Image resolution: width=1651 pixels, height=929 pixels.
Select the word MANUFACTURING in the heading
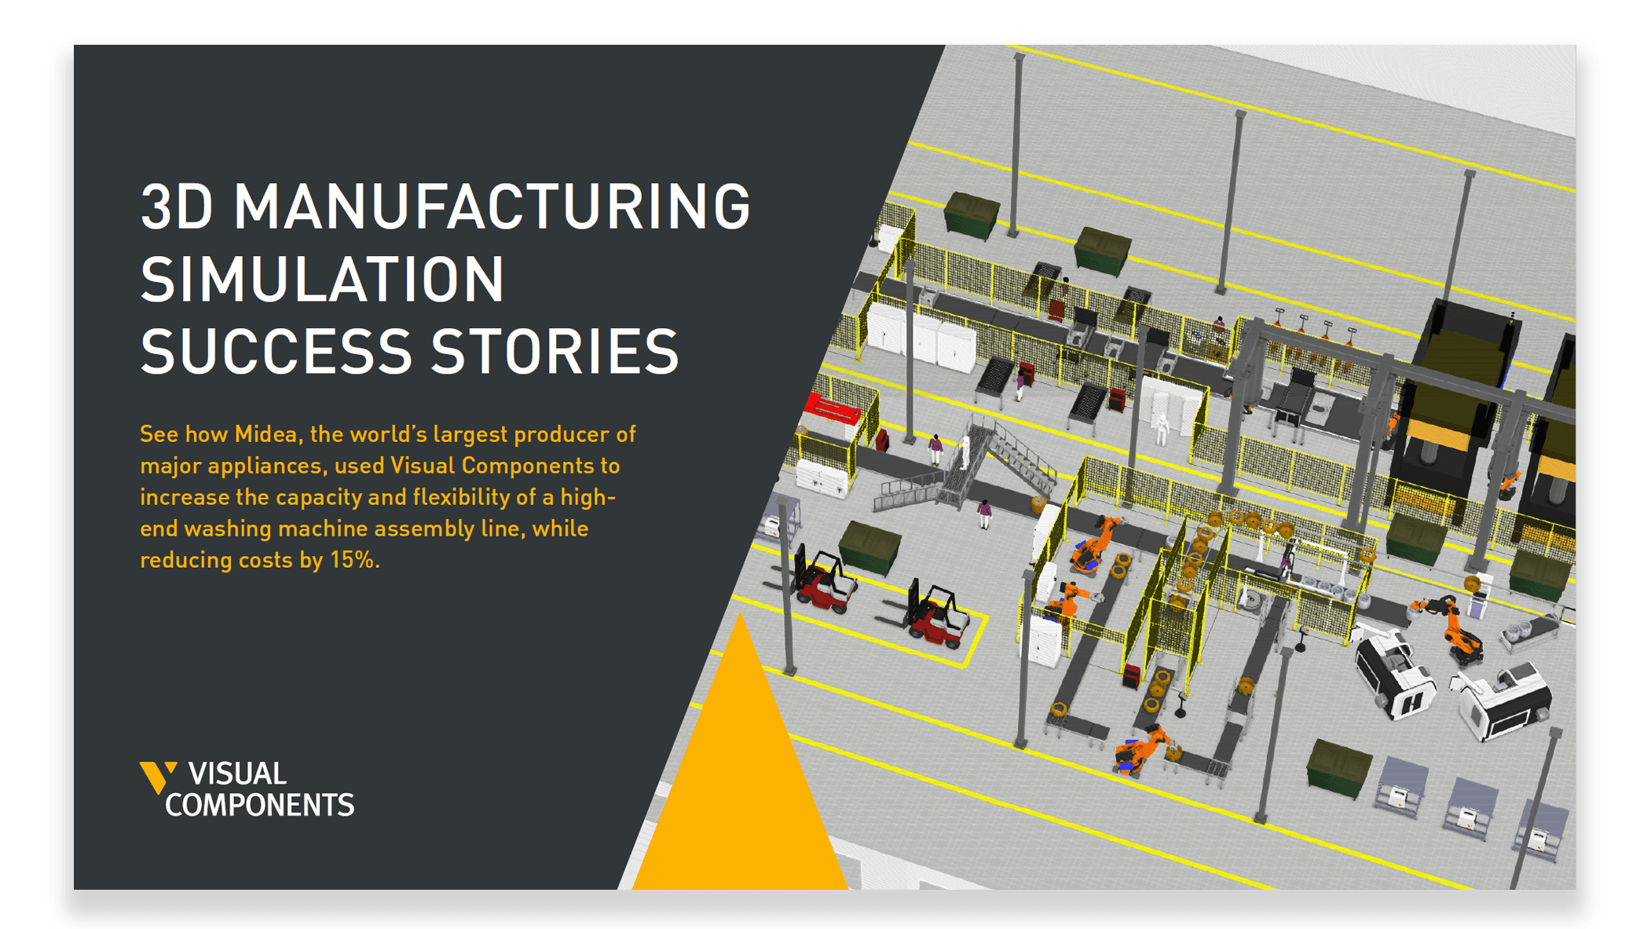492,207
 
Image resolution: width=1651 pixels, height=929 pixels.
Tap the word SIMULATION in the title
322,280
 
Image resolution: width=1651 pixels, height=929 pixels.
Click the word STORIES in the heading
555,352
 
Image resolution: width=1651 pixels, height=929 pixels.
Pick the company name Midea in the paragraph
269,434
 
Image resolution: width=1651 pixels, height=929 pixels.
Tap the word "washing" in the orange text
228,529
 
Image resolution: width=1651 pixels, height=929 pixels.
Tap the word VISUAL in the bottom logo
237,774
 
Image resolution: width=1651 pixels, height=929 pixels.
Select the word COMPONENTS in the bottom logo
260,805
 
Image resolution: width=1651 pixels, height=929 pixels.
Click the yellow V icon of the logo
157,777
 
